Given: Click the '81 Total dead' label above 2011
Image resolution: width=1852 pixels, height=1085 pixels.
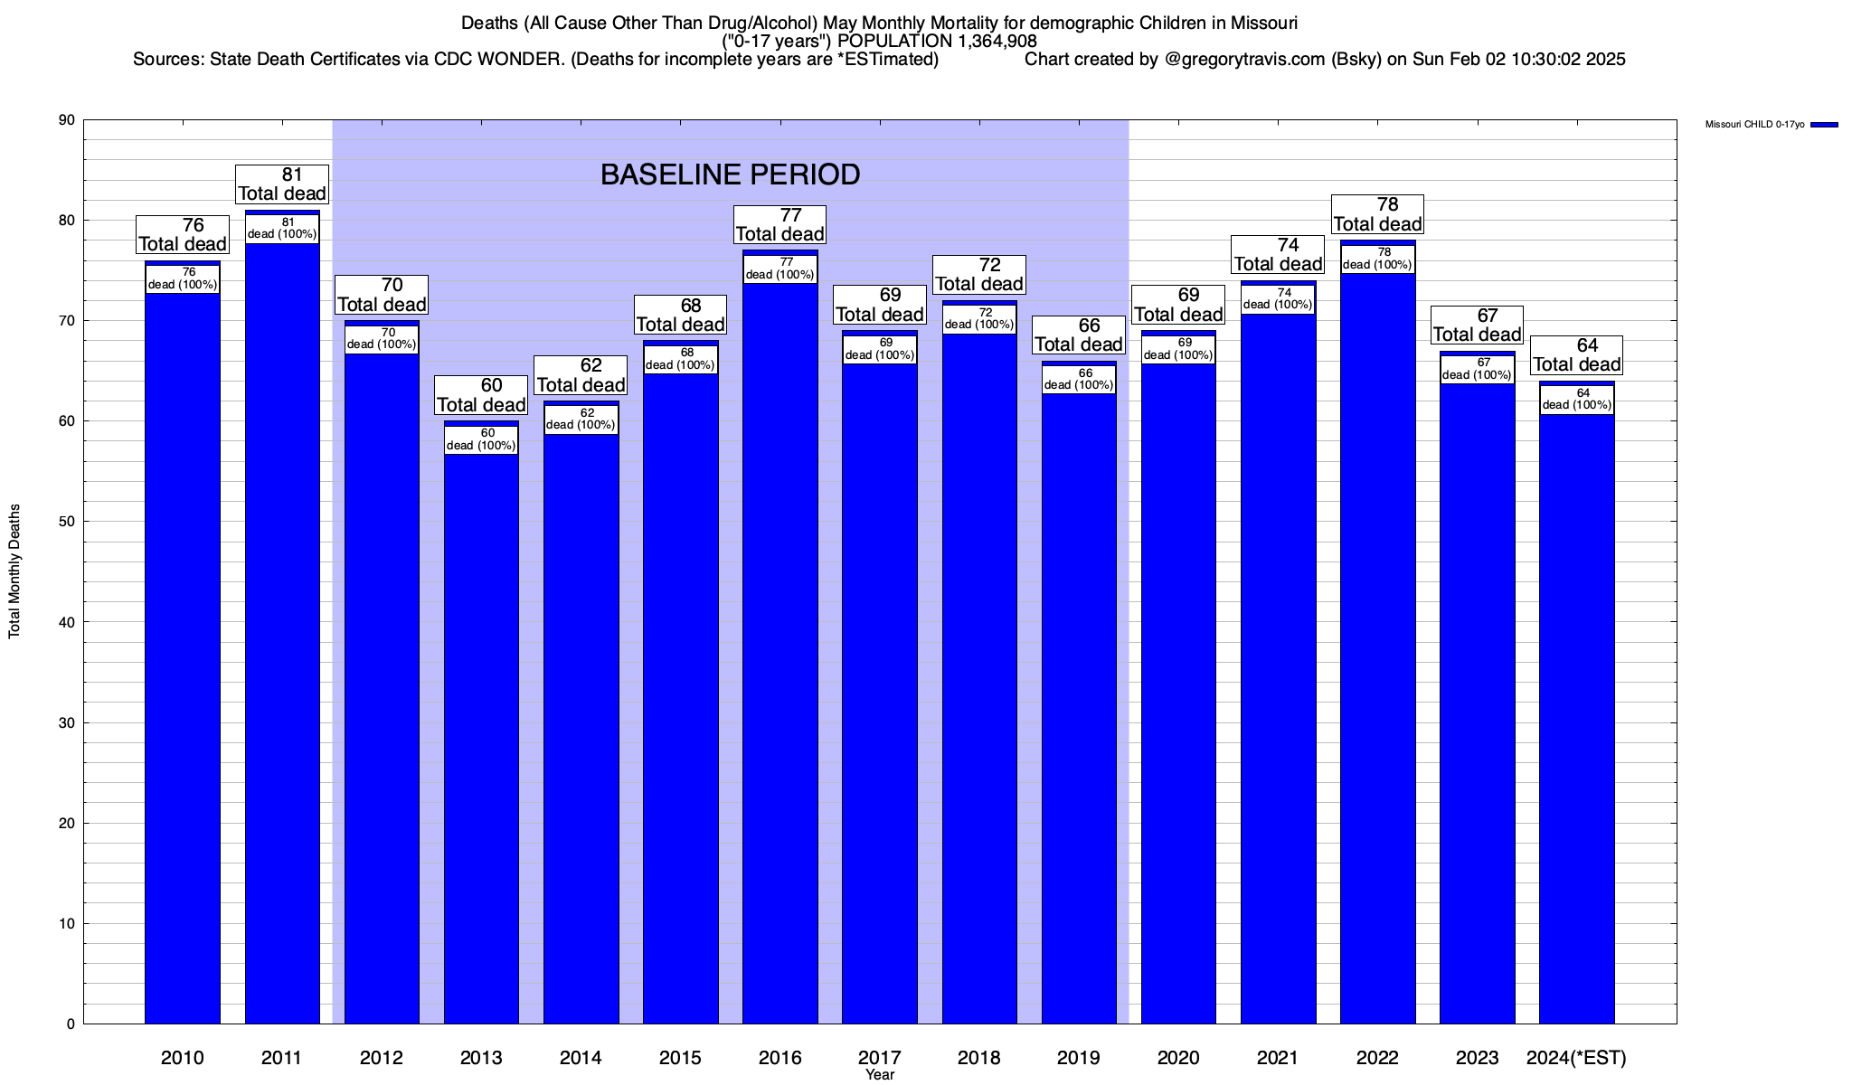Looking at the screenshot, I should point(282,184).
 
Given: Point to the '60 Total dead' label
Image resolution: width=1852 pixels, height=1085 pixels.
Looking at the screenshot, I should point(481,395).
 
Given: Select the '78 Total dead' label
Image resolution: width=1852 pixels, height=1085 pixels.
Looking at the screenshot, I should point(1377,214).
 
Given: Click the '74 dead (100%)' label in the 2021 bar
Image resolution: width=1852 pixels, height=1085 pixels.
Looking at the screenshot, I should point(1278,299).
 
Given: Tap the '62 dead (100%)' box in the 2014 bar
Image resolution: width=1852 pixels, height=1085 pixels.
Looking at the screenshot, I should point(581,420).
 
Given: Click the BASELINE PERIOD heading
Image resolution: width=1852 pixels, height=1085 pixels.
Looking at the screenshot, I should point(730,175).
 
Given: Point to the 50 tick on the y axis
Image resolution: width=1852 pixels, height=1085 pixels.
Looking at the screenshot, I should point(67,522).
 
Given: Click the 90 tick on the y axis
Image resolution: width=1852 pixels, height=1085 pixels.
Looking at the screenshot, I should point(67,120).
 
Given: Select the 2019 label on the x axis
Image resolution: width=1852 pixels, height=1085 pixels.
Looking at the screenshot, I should point(1079,1058).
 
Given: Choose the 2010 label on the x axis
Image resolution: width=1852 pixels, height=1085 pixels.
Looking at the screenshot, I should point(183,1058).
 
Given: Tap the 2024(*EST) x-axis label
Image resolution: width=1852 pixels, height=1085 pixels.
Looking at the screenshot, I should point(1576,1058).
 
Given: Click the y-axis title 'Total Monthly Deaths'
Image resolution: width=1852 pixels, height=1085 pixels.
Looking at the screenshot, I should point(14,571).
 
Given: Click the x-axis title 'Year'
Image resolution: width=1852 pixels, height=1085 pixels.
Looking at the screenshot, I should point(879,1075).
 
